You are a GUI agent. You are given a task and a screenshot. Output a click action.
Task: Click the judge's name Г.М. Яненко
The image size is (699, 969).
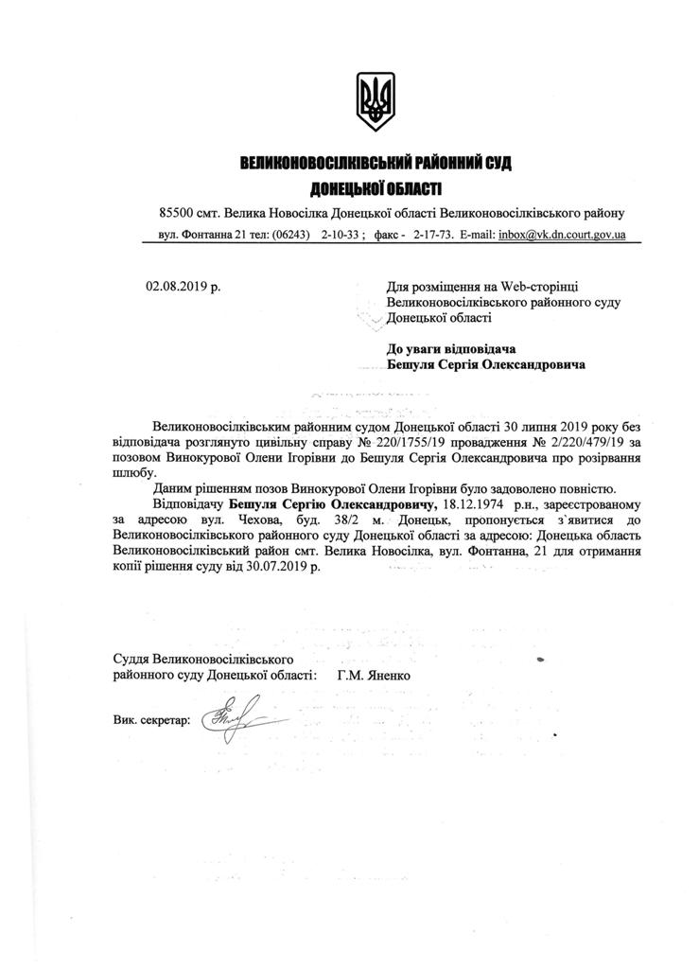tap(374, 676)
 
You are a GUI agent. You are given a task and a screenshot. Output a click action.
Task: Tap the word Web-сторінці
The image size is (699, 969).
tap(554, 285)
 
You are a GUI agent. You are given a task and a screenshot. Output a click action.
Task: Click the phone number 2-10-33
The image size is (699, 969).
tap(340, 233)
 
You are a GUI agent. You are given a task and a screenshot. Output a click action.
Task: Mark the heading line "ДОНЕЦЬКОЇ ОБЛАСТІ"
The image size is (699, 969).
tap(376, 188)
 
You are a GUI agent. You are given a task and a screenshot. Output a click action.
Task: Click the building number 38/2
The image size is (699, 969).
tap(319, 520)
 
